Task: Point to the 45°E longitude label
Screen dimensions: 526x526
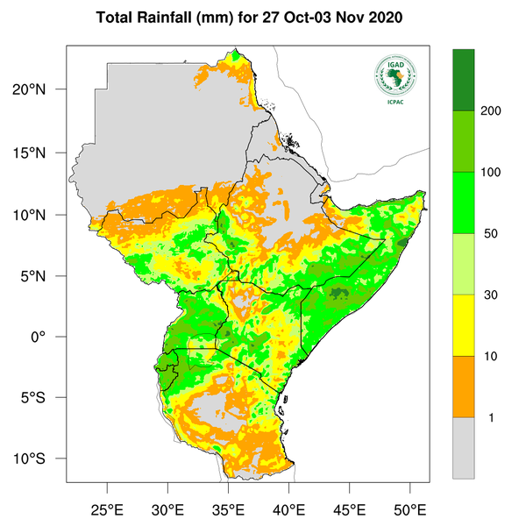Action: [350, 509]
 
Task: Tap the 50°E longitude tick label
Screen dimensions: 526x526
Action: [410, 509]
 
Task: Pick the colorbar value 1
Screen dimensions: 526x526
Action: [491, 417]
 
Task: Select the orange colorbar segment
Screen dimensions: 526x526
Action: [463, 387]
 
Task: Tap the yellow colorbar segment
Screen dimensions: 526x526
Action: [463, 325]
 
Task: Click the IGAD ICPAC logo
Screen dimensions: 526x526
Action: [395, 80]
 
